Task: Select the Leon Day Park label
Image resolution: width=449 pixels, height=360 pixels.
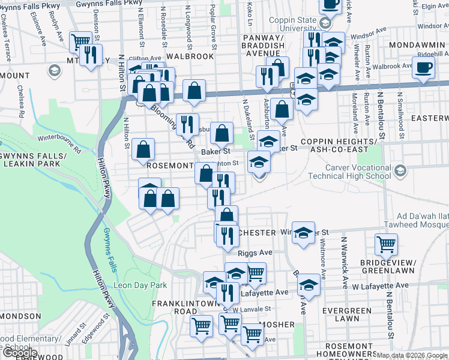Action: [x=140, y=285]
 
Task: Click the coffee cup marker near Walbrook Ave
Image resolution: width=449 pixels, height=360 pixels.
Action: [x=424, y=68]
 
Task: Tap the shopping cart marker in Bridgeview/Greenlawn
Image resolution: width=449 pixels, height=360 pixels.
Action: [x=386, y=244]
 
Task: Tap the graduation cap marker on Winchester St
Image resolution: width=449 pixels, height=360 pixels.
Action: [x=303, y=232]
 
